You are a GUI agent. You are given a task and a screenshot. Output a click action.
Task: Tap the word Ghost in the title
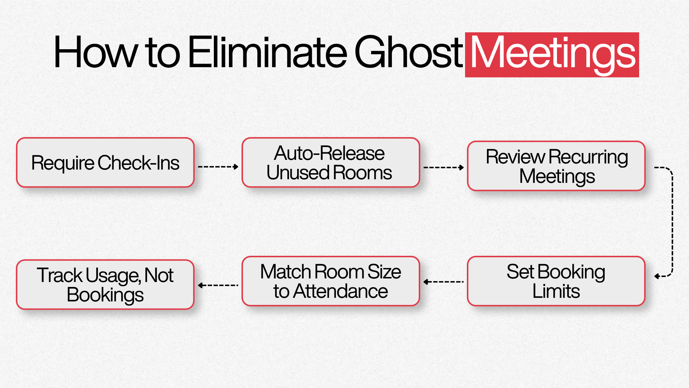pos(409,52)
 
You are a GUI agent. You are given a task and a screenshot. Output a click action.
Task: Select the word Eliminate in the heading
pos(268,52)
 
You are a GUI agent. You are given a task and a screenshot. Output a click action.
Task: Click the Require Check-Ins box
pos(105,162)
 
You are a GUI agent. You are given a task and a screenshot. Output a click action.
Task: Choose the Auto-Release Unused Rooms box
pos(331,162)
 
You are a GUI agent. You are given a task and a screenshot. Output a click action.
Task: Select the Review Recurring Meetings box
pos(556,166)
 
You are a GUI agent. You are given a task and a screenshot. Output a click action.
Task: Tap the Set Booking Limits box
pos(556,281)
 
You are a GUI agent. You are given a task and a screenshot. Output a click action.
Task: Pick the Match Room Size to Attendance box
pos(331,281)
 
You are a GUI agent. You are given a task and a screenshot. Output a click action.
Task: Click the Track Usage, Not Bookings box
pos(105,285)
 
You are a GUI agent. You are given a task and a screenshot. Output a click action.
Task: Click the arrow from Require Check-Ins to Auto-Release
pos(218,167)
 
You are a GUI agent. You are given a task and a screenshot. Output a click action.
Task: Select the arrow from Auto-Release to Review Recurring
pos(444,167)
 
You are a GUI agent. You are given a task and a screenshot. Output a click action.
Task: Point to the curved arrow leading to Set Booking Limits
pos(672,222)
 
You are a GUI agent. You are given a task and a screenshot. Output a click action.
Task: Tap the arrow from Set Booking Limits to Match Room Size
pos(444,282)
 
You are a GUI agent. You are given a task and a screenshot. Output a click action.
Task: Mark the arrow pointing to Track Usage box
pos(218,285)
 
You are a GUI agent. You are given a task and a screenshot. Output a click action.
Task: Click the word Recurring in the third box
pos(588,157)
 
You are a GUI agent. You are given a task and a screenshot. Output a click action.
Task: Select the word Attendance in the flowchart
pos(340,291)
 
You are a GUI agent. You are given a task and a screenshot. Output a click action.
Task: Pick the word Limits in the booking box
pos(556,291)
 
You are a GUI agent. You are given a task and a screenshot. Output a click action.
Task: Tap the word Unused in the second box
pos(297,173)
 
